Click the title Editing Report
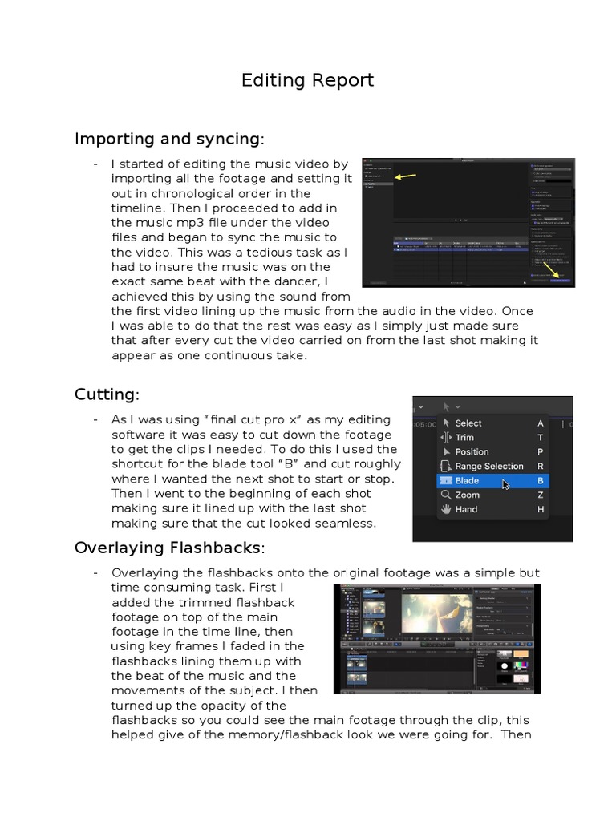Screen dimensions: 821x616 tap(307, 80)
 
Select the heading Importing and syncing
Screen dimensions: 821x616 tap(168, 139)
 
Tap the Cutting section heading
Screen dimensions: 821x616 tap(106, 394)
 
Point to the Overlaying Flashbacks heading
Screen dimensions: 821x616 tap(168, 548)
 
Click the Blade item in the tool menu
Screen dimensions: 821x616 tap(467, 481)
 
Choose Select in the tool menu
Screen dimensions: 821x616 tap(468, 423)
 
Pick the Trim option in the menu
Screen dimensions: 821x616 tap(464, 438)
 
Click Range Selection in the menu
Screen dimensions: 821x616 tap(488, 467)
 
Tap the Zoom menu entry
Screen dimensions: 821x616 tap(467, 495)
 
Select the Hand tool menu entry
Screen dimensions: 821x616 tap(466, 510)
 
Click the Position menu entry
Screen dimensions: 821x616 tap(472, 452)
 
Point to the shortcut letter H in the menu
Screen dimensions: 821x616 tap(541, 510)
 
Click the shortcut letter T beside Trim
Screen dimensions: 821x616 tap(541, 438)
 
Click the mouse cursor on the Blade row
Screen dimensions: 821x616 tap(506, 485)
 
